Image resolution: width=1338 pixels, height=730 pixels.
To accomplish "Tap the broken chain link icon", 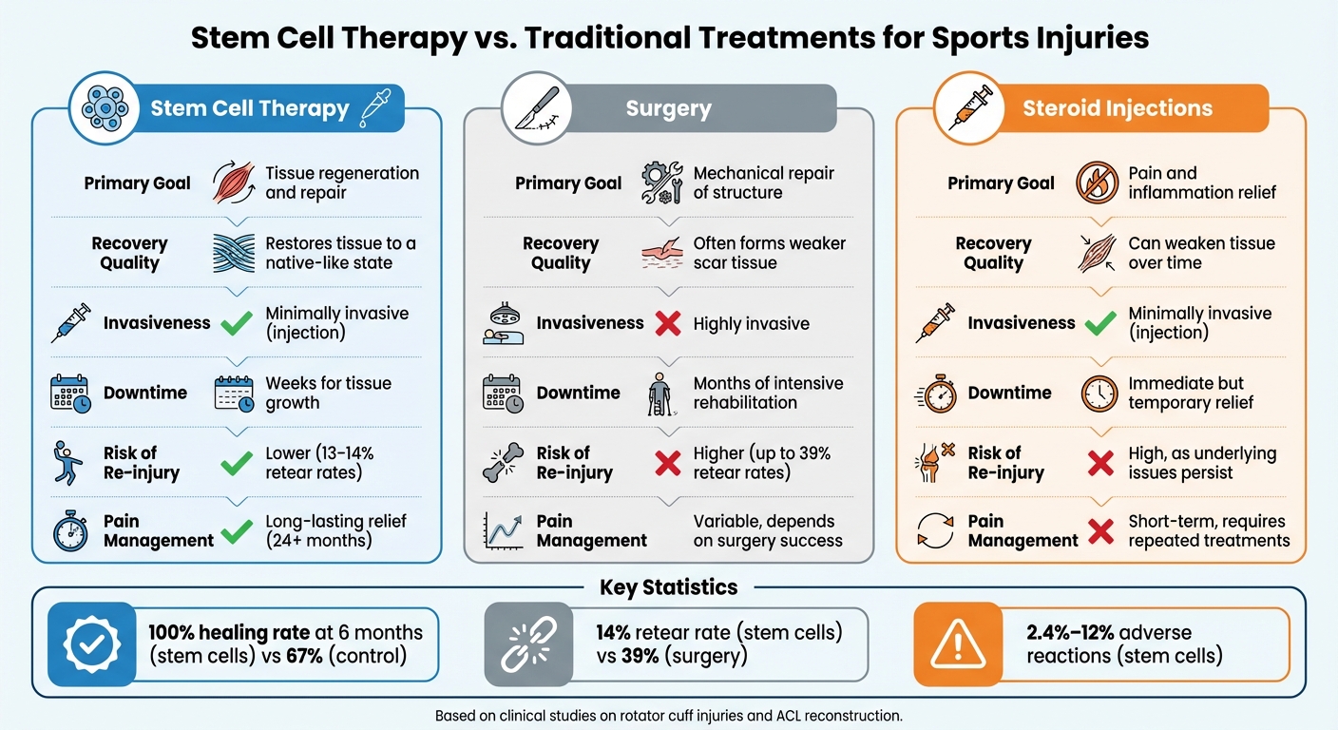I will click(520, 645).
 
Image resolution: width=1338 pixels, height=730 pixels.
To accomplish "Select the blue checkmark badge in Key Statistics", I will click(91, 645).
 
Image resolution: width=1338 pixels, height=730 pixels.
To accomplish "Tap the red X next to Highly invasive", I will click(668, 324).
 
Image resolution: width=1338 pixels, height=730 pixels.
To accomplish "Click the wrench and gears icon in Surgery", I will click(661, 182).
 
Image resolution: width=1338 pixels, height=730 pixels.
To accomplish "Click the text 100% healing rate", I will click(229, 633).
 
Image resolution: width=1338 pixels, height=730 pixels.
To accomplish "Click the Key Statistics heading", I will click(668, 587).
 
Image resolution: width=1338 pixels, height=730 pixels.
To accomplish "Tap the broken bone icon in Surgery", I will click(502, 463).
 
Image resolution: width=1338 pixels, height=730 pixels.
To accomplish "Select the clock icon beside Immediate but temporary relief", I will click(1099, 393).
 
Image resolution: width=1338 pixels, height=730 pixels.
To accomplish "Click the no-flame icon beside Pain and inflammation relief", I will click(1097, 182).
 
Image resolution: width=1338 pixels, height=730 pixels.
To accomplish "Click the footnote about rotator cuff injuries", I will click(668, 715).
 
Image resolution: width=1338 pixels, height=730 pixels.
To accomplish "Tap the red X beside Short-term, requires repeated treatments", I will click(1099, 531).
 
